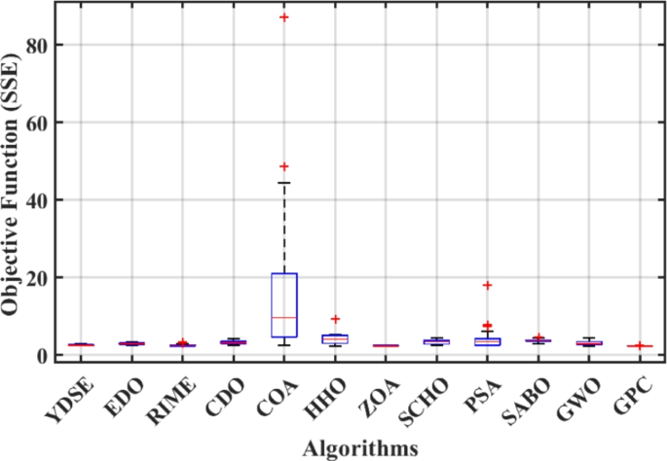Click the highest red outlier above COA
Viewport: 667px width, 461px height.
click(x=283, y=18)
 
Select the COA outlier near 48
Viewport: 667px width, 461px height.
click(x=283, y=166)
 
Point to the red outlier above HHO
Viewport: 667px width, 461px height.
click(x=335, y=319)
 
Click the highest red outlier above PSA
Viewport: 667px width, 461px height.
click(x=488, y=285)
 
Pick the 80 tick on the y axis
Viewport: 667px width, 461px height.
click(x=56, y=45)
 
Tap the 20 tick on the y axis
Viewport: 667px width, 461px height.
click(x=56, y=277)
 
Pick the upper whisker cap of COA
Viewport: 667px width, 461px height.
click(x=283, y=183)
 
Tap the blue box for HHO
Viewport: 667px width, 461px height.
click(x=335, y=338)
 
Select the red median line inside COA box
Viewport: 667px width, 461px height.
click(x=283, y=317)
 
